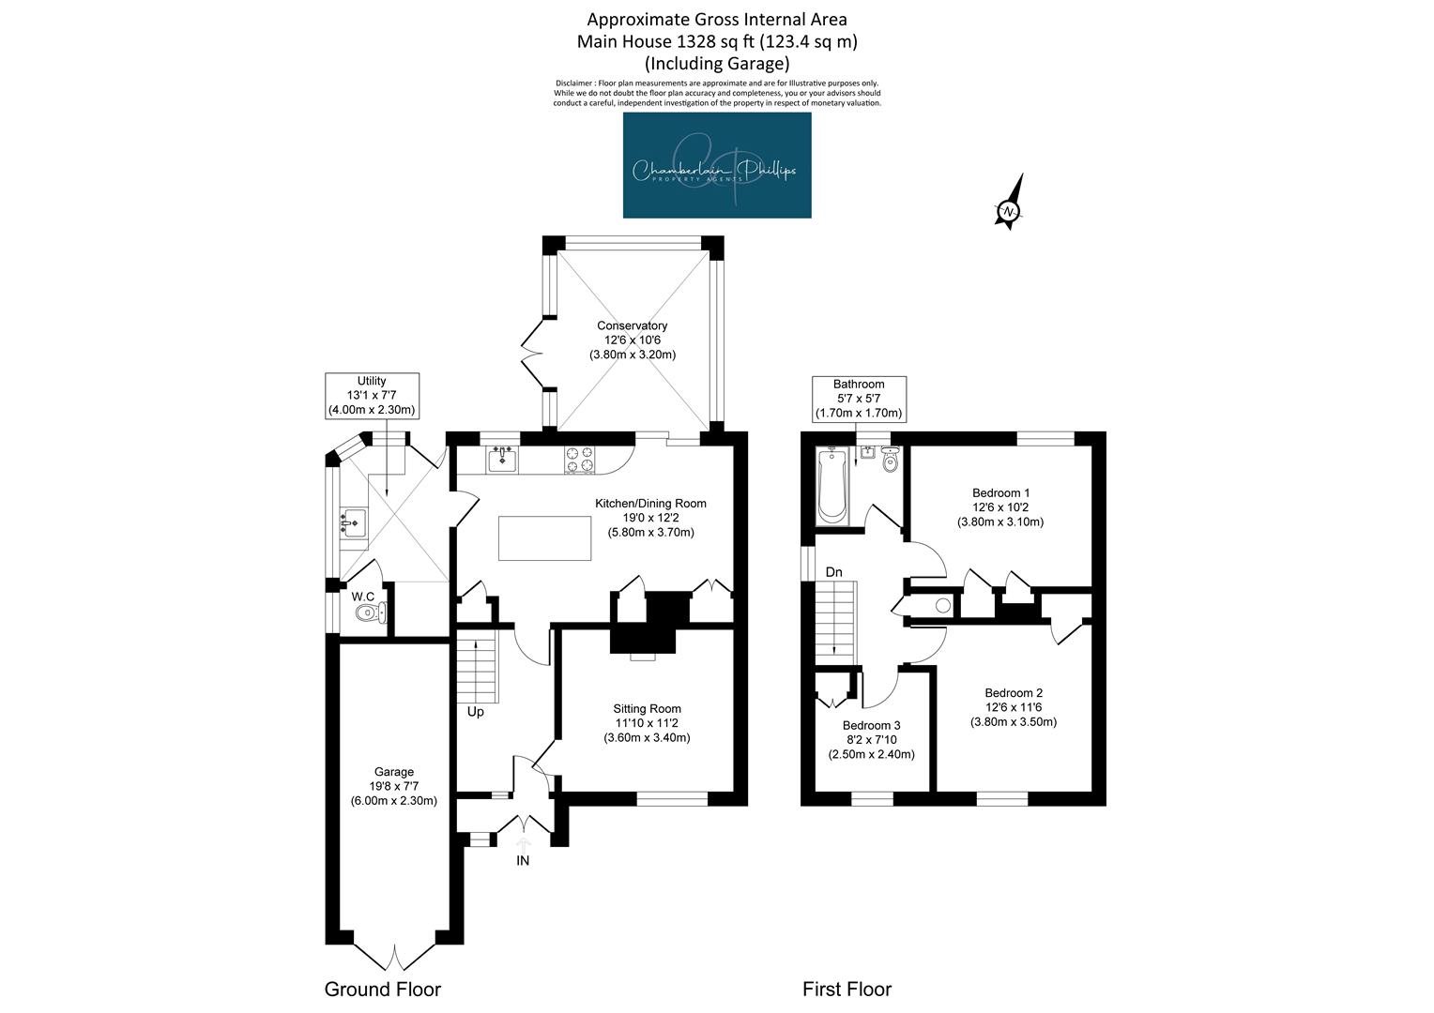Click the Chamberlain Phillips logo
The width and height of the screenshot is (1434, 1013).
click(x=717, y=165)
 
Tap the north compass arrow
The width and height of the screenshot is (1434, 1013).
click(x=1010, y=202)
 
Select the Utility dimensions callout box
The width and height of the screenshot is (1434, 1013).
click(x=372, y=396)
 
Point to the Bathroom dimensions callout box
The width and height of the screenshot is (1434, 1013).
click(x=859, y=399)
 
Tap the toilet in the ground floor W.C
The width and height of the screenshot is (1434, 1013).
click(x=370, y=613)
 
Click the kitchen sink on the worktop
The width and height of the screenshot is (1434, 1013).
click(x=502, y=459)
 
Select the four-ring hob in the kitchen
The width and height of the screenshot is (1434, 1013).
click(x=579, y=461)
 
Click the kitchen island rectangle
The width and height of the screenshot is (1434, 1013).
click(x=545, y=538)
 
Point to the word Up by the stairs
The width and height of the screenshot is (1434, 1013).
click(x=475, y=712)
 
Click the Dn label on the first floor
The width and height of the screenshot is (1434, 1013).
click(x=833, y=572)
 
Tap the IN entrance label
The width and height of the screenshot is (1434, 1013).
click(x=523, y=861)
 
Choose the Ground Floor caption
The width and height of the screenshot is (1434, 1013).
click(x=383, y=990)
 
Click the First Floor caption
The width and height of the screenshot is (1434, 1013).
click(x=847, y=990)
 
